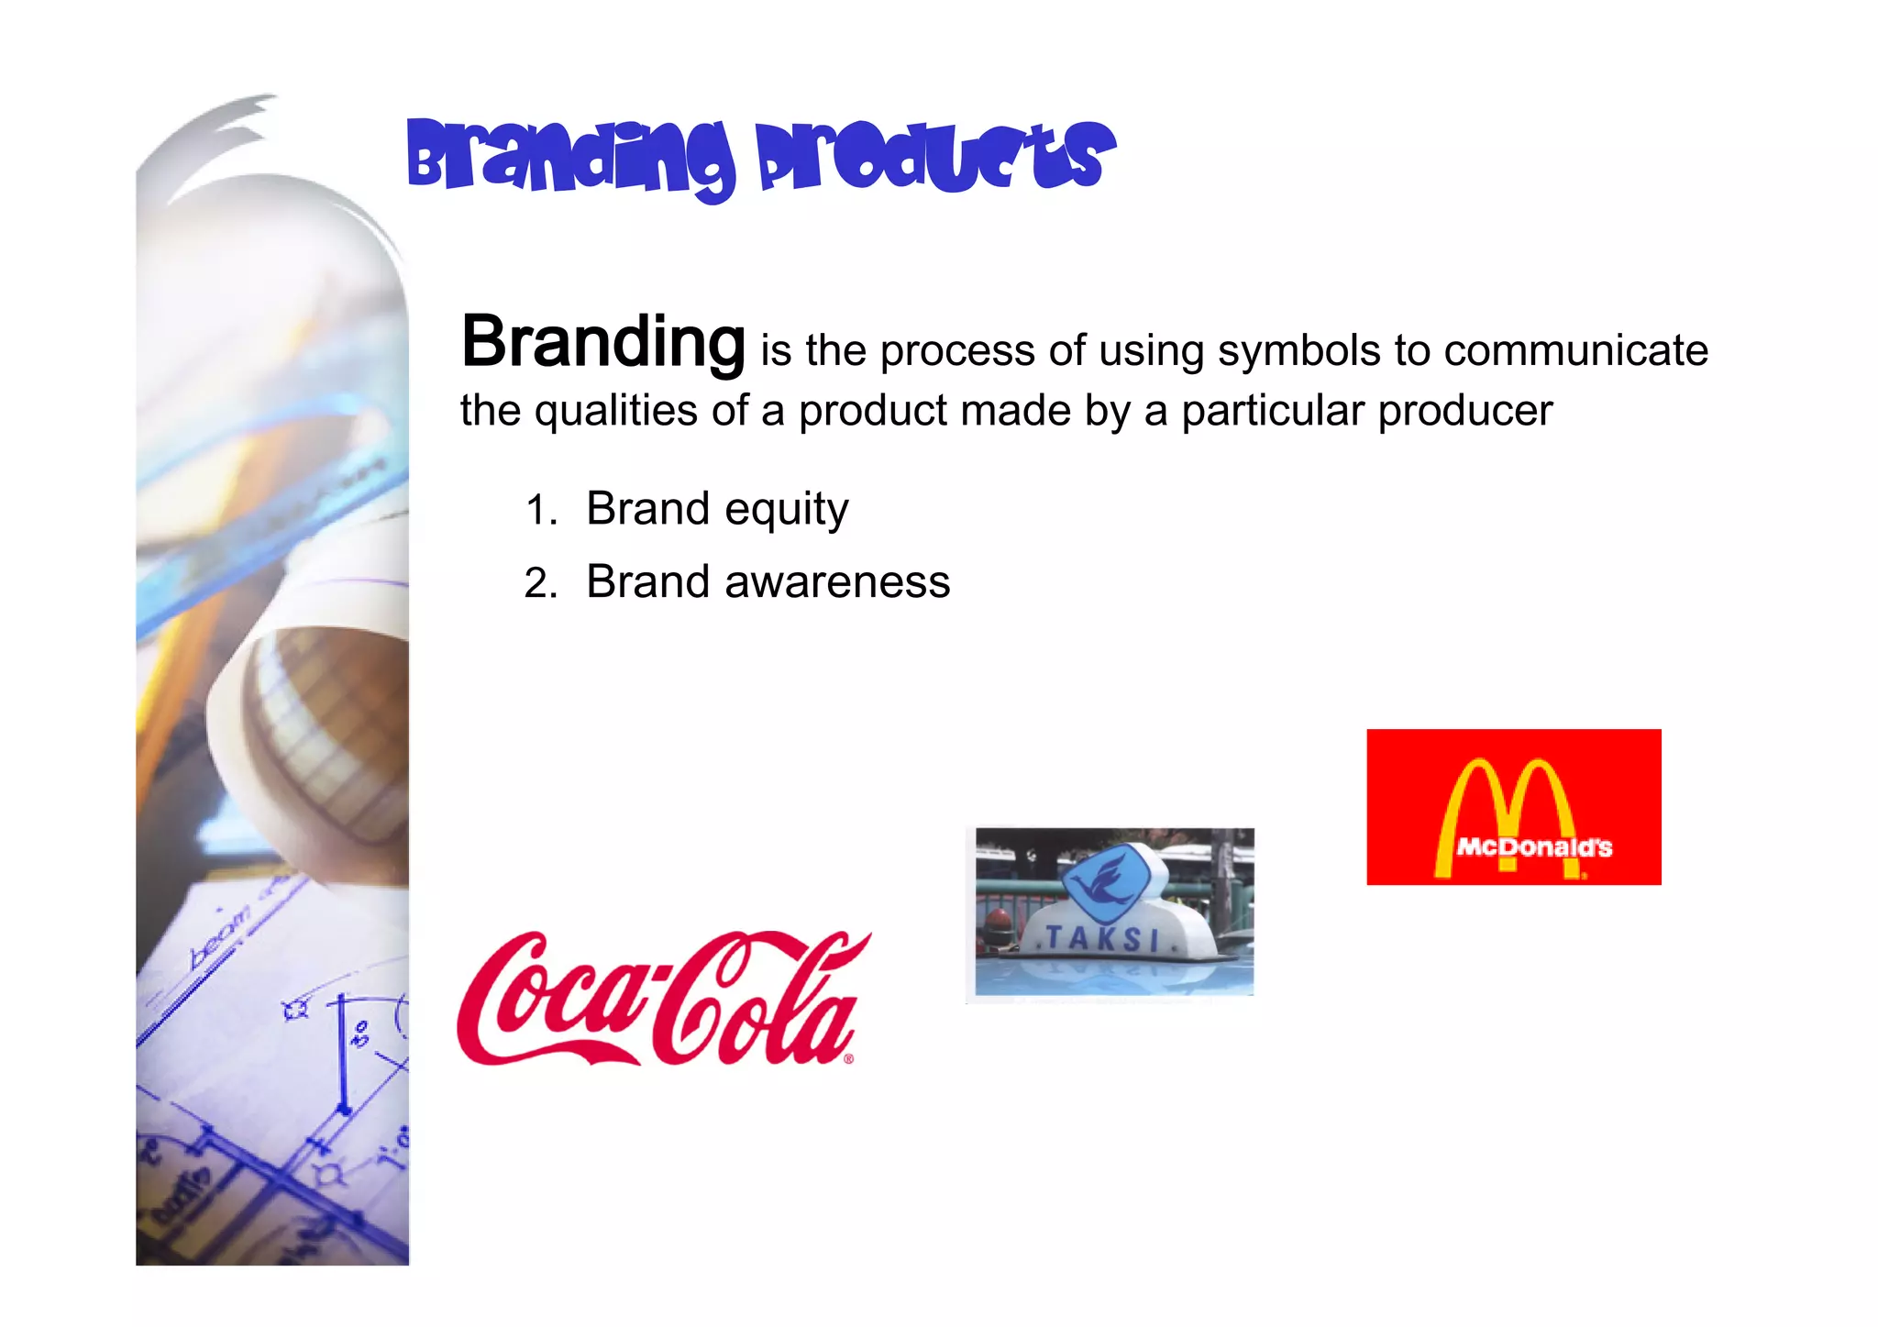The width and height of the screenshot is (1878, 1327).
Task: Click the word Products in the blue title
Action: click(x=935, y=158)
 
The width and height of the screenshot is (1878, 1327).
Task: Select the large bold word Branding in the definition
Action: click(x=602, y=341)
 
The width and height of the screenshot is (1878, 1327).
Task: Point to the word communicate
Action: click(x=1575, y=351)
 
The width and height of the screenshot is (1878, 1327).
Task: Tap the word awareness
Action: click(x=836, y=582)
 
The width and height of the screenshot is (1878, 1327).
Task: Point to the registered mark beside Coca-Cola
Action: click(x=848, y=1059)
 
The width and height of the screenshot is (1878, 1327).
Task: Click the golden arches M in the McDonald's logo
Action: click(x=1504, y=798)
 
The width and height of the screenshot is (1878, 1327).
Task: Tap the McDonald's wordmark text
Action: click(x=1533, y=847)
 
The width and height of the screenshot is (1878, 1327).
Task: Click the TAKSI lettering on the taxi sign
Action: click(x=1102, y=938)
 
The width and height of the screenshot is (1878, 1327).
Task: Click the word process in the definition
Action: click(x=956, y=351)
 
